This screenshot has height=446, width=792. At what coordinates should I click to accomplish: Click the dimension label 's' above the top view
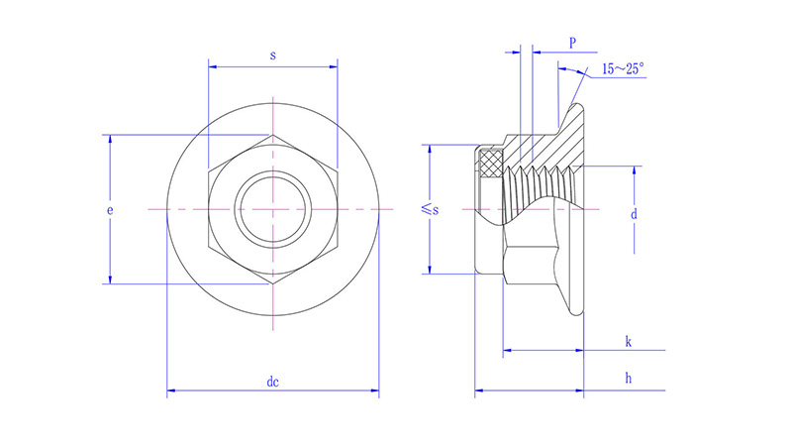pos(272,56)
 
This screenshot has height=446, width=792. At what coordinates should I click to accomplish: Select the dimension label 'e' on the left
pos(111,211)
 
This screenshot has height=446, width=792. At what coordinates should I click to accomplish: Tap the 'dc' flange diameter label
pos(272,382)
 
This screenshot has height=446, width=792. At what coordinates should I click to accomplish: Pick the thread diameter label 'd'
pos(634,214)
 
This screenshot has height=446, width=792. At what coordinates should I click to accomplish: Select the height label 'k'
pos(629,342)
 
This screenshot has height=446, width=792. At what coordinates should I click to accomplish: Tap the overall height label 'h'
pos(629,379)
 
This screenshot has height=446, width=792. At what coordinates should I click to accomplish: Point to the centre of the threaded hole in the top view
pos(273,210)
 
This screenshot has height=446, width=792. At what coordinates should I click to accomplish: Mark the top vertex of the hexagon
pos(273,136)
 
